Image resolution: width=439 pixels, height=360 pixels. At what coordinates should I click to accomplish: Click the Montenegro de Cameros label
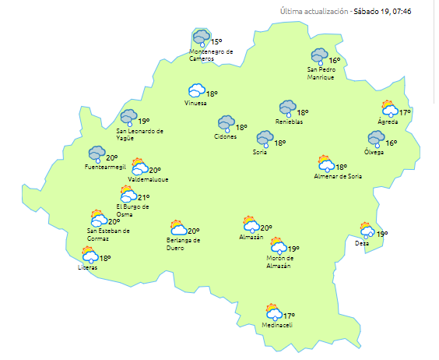[x=211, y=55]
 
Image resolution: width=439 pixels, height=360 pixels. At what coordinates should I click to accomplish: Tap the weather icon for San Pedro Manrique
[x=319, y=57]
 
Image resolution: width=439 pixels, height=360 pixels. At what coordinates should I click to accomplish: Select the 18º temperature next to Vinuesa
[x=212, y=94]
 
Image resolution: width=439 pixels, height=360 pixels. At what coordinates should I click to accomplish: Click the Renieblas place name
[x=289, y=122]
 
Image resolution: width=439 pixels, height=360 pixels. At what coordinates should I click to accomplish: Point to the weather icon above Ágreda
[x=389, y=110]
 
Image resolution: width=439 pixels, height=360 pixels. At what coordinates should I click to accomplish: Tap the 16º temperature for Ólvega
[x=392, y=143]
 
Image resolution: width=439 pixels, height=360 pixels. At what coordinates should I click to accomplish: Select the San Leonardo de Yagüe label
[x=139, y=135]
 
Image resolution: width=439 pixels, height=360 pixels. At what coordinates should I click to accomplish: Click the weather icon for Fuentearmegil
[x=97, y=154]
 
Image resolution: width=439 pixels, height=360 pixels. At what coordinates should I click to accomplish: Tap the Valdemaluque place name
[x=148, y=179]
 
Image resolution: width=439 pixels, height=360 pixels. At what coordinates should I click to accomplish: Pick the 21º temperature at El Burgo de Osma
[x=143, y=198]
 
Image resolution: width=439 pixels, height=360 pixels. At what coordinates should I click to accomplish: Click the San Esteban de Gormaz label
[x=109, y=234]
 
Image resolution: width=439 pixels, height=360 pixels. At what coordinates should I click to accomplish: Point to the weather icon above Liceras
[x=90, y=255]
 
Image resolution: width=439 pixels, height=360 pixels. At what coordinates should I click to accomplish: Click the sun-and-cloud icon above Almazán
[x=251, y=224]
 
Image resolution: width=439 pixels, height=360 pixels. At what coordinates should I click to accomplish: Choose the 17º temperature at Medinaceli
[x=289, y=316]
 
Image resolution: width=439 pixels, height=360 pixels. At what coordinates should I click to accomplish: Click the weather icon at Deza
[x=367, y=230]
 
